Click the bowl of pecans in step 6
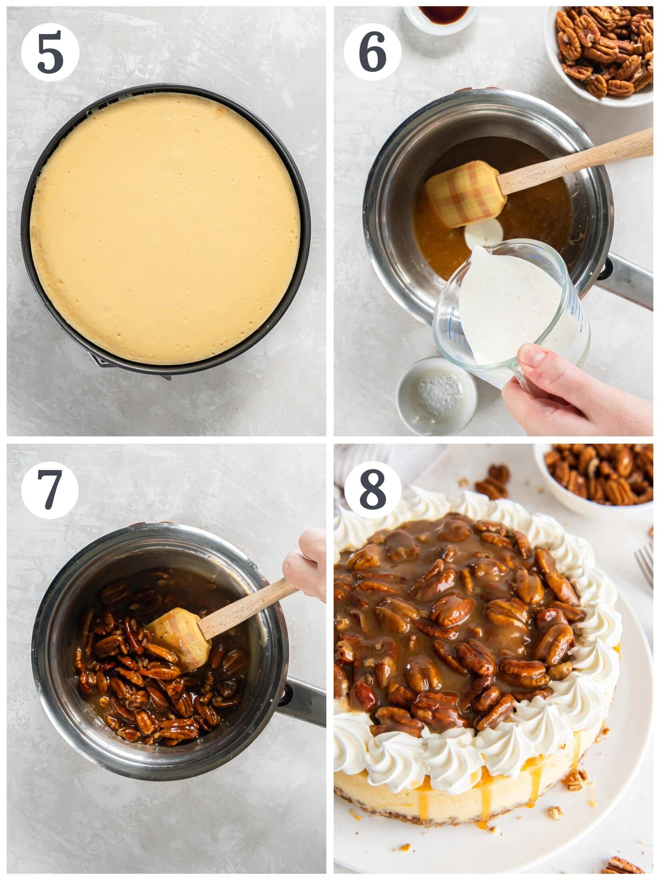[x=604, y=52]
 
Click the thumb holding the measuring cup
[x=536, y=356]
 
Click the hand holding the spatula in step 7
[x=306, y=564]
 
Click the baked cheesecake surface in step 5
[x=166, y=228]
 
